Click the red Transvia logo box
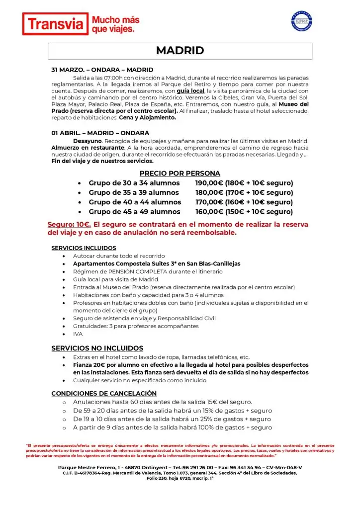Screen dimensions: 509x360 (x=55, y=24)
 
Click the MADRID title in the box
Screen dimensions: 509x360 (x=180, y=51)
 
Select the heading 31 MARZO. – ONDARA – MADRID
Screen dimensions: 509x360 (x=102, y=70)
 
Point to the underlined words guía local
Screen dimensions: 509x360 (x=190, y=91)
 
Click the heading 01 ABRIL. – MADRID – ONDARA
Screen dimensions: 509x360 (x=100, y=133)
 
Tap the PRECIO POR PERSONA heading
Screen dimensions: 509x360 (x=180, y=173)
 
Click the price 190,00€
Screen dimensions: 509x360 (x=209, y=183)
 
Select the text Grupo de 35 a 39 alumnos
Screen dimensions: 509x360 (x=134, y=192)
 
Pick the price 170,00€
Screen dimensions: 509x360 (x=209, y=202)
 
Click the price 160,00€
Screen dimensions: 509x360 (x=209, y=211)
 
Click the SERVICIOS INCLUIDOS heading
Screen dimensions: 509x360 (x=84, y=248)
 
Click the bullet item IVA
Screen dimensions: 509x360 (x=78, y=334)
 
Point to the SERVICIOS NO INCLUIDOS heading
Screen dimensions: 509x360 (x=97, y=348)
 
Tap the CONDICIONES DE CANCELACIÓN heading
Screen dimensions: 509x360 (x=104, y=393)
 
